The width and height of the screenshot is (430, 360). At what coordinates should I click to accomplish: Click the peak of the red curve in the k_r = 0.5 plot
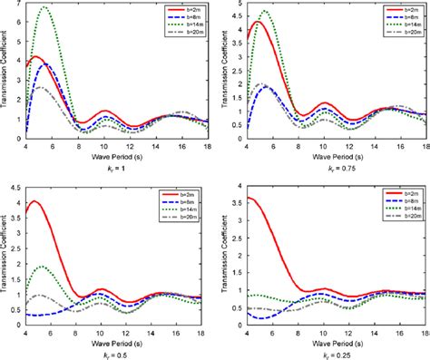coord(34,201)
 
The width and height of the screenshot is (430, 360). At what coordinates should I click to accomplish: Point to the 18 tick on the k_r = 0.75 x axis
coord(424,141)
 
